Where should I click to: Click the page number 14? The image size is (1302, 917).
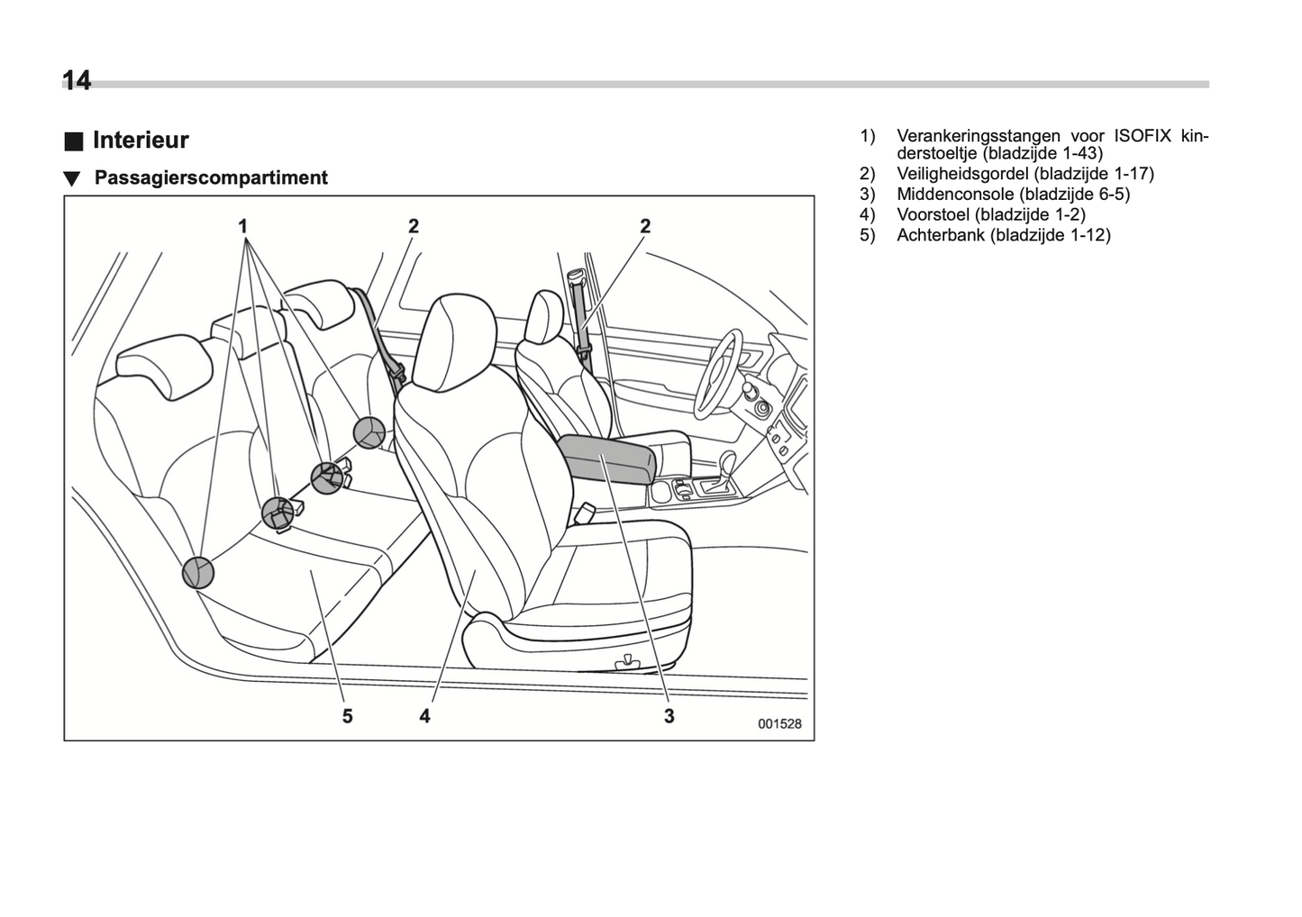pyautogui.click(x=77, y=81)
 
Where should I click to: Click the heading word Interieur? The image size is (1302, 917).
pyautogui.click(x=141, y=141)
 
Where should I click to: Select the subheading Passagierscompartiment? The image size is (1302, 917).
pyautogui.click(x=211, y=177)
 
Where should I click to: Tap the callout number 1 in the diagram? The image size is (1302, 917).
pyautogui.click(x=242, y=226)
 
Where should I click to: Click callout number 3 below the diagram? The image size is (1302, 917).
pyautogui.click(x=669, y=716)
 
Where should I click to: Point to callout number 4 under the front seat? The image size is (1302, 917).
pyautogui.click(x=424, y=716)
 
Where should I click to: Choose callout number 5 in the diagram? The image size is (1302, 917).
pyautogui.click(x=347, y=716)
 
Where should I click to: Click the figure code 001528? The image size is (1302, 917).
pyautogui.click(x=779, y=723)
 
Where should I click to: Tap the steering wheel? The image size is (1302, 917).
pyautogui.click(x=716, y=374)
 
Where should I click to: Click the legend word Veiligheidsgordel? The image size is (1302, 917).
pyautogui.click(x=962, y=174)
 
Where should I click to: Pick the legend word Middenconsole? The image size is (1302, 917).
pyautogui.click(x=955, y=194)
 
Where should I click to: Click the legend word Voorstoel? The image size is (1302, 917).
pyautogui.click(x=933, y=214)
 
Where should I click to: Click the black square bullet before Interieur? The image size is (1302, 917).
pyautogui.click(x=73, y=141)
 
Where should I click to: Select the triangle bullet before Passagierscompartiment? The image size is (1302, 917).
pyautogui.click(x=72, y=178)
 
